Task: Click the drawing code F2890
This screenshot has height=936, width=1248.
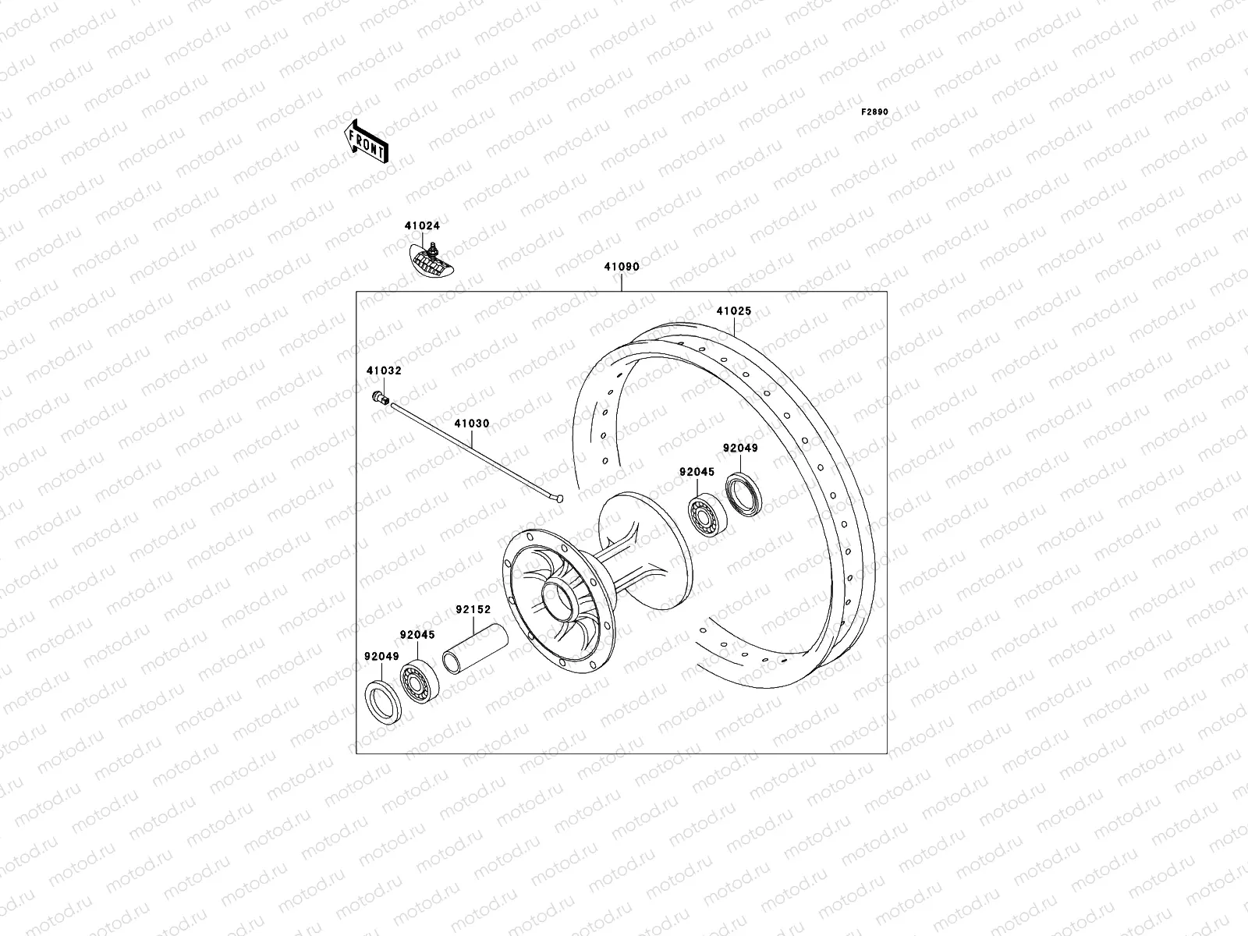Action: pos(874,112)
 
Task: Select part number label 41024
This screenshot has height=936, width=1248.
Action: pos(422,226)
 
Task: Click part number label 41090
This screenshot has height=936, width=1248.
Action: pos(622,267)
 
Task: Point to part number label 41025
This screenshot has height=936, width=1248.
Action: pos(733,311)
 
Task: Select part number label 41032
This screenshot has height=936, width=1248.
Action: pos(384,371)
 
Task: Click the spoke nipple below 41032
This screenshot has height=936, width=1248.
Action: pos(381,399)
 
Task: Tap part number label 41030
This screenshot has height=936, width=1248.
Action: pos(472,424)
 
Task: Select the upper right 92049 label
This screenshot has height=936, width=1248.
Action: pos(739,448)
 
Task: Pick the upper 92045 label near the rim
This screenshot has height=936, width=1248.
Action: pos(697,472)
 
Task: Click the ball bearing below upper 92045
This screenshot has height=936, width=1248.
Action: pos(707,514)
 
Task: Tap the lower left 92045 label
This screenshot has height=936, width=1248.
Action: pos(418,635)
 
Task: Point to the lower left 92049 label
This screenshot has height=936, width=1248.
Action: pos(381,657)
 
